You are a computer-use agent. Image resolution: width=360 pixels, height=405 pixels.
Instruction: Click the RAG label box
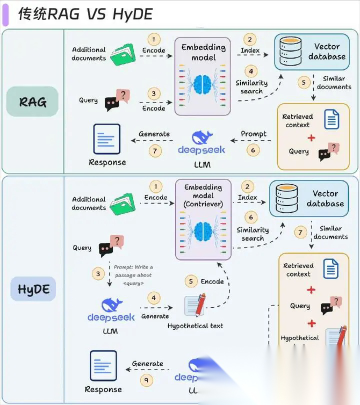[x=32, y=102]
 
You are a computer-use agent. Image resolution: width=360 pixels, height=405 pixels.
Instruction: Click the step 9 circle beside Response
[x=146, y=380]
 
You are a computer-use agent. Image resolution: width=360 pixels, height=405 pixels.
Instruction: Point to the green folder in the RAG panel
[x=123, y=54]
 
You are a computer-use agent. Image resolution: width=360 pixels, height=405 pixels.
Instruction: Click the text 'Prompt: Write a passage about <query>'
[x=133, y=275]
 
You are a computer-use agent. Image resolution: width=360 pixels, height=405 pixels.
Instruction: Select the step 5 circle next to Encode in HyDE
[x=190, y=281]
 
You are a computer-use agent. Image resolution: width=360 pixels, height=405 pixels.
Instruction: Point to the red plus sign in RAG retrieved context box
[x=311, y=137]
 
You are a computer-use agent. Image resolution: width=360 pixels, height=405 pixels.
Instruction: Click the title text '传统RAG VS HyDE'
[x=85, y=14]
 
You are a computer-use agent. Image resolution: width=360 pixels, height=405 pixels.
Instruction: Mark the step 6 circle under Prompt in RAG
[x=253, y=149]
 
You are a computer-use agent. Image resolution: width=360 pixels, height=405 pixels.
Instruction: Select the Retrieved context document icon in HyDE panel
[x=331, y=269]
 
